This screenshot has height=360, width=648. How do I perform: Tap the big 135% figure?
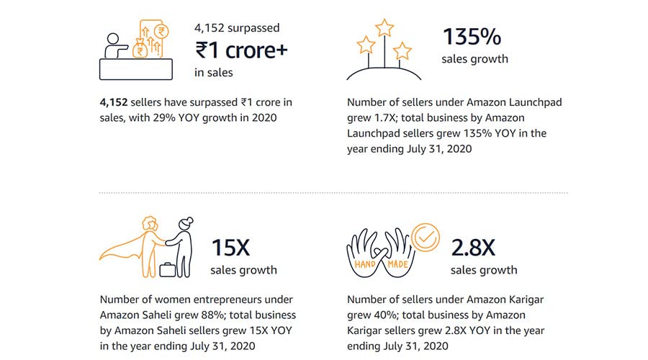472,37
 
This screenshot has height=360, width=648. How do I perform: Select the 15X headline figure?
230,248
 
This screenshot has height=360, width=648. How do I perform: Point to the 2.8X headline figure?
473,248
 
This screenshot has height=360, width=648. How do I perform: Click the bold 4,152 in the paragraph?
114,102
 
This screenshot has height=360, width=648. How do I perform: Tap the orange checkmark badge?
425,235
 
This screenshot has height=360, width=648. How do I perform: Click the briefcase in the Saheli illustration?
167,270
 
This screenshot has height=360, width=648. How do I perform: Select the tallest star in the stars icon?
385,29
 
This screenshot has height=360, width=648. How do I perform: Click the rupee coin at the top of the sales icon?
162,31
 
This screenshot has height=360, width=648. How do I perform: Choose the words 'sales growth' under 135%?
474,59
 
